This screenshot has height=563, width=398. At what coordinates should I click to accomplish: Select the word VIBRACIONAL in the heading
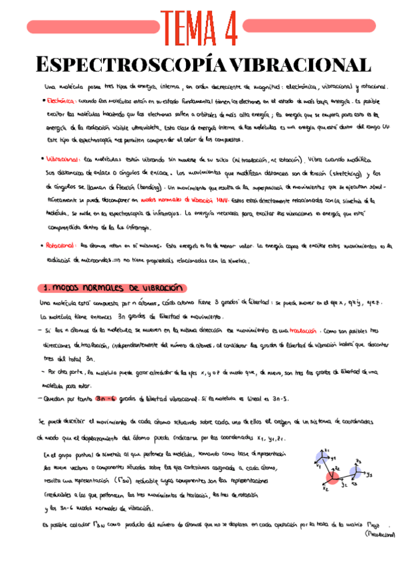click(292, 65)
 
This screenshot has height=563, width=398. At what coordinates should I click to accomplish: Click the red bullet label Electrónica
click(61, 102)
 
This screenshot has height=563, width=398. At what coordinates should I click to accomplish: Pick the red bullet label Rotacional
click(62, 245)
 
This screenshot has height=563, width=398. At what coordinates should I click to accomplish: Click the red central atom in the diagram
click(333, 476)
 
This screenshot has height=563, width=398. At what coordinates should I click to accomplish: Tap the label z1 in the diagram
click(327, 451)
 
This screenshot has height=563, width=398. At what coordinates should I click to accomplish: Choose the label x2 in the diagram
click(326, 490)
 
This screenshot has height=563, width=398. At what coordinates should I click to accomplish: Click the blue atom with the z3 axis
click(355, 473)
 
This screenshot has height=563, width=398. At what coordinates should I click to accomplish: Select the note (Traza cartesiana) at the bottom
click(377, 534)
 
